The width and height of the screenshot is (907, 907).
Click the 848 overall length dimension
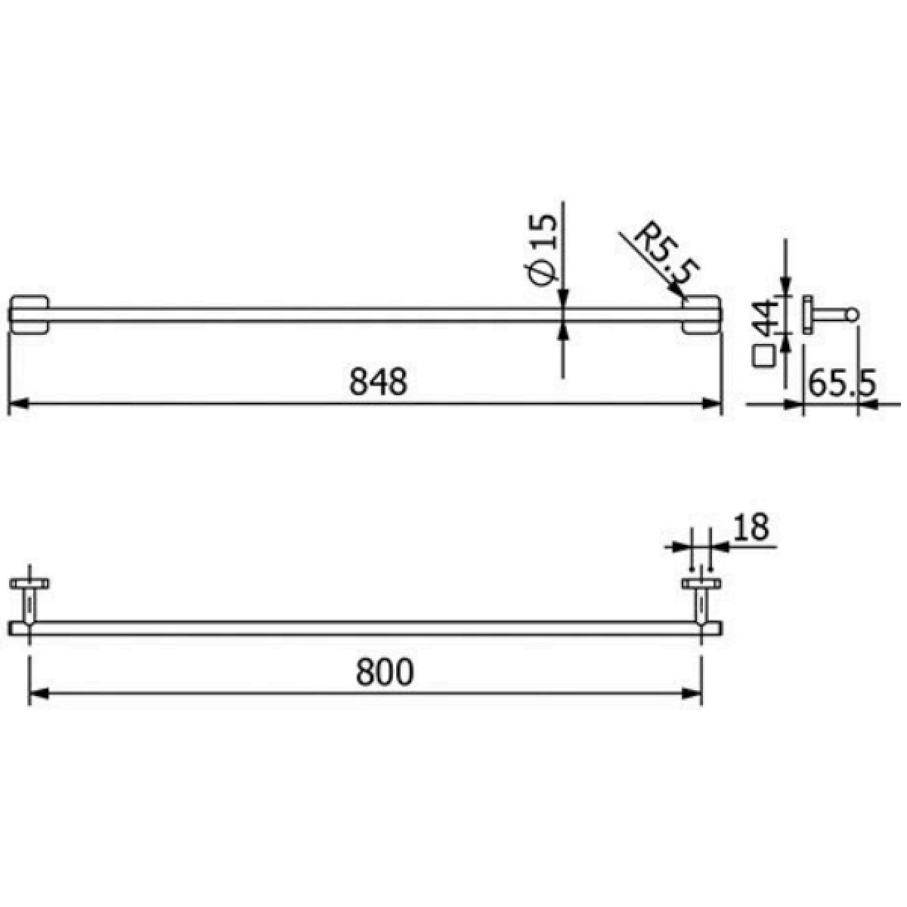pos(378,382)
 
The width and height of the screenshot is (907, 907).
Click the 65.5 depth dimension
pos(842,385)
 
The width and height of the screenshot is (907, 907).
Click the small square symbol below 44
pos(763,356)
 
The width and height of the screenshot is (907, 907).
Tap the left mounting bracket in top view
pos(29,315)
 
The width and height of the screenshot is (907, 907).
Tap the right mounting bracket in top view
pos(701,315)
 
